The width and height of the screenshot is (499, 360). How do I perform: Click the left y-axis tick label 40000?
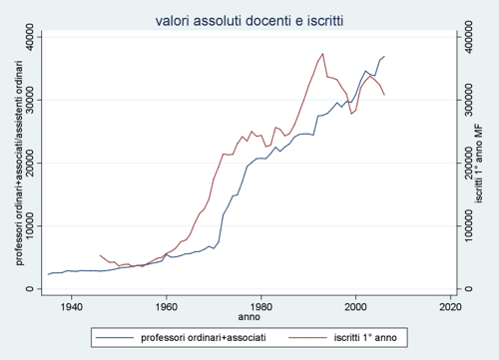(35, 37)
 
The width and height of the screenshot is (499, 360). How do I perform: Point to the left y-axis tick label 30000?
(35, 100)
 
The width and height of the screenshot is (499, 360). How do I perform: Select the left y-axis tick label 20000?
(35, 163)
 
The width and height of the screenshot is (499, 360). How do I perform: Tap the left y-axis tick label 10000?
(35, 226)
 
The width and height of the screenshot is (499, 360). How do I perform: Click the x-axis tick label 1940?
(71, 305)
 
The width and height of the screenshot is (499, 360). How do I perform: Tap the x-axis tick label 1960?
(166, 305)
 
